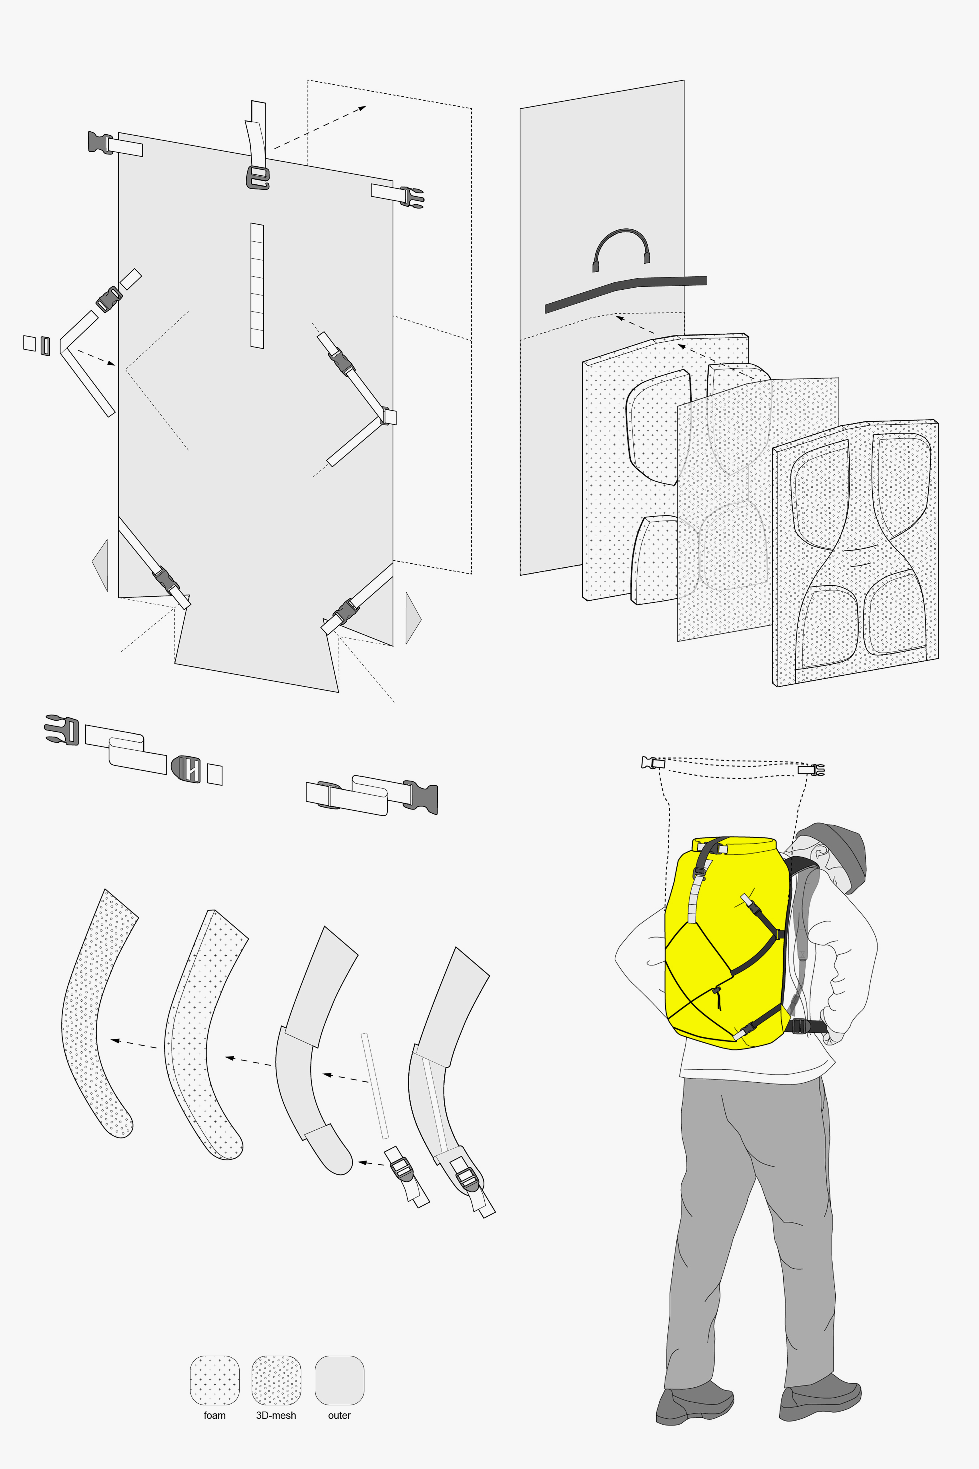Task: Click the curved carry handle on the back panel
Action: click(x=621, y=247)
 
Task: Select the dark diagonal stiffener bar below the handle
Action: click(x=624, y=290)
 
